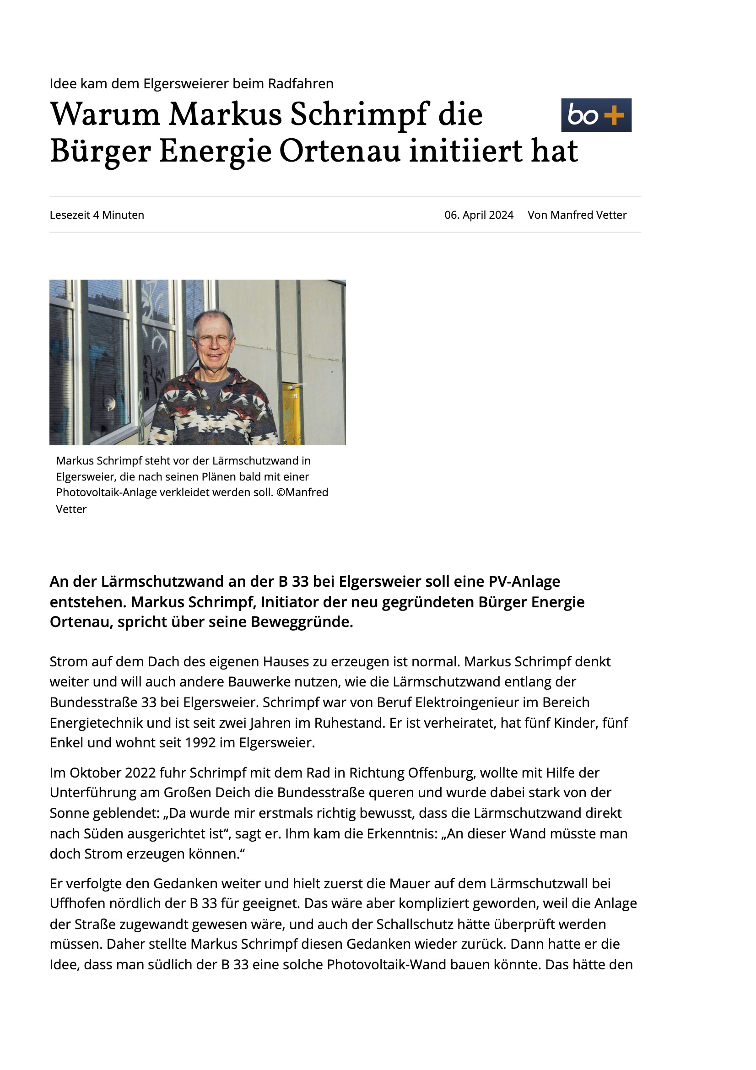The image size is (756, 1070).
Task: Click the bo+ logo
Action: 596,115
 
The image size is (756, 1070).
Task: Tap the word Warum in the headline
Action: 105,114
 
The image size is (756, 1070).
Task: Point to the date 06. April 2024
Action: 479,215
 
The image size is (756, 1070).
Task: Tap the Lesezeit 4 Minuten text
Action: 97,215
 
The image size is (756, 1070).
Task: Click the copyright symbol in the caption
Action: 280,492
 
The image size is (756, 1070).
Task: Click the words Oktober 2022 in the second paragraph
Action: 112,773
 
